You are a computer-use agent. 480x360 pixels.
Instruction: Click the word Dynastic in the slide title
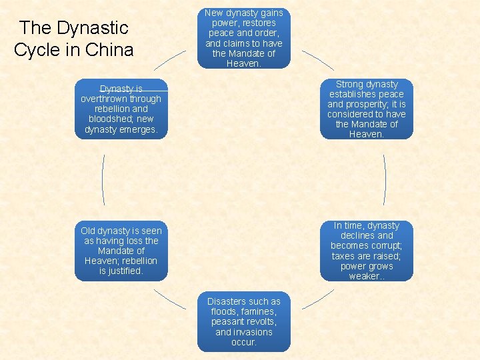click(93, 28)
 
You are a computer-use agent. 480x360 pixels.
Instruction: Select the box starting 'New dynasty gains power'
click(244, 38)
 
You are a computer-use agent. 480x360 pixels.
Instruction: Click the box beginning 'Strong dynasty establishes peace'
click(366, 109)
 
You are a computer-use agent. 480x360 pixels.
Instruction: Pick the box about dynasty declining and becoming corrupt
click(366, 251)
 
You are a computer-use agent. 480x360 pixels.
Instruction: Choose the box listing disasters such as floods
click(244, 321)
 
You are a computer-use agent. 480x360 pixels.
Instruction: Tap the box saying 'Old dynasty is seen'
click(121, 251)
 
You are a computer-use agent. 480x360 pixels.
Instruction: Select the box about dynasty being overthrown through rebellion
click(121, 109)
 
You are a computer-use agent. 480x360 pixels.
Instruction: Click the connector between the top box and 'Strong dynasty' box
click(318, 60)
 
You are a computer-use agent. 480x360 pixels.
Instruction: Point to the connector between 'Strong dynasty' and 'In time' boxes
click(385, 180)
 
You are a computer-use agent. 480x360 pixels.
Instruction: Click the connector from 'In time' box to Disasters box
click(317, 299)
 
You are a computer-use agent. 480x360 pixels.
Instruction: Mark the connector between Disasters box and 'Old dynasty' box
click(170, 299)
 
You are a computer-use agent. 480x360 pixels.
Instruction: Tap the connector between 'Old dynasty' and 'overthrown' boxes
click(103, 180)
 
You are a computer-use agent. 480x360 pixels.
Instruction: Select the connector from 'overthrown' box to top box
click(170, 60)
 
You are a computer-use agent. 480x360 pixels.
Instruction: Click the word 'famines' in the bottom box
click(259, 312)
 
